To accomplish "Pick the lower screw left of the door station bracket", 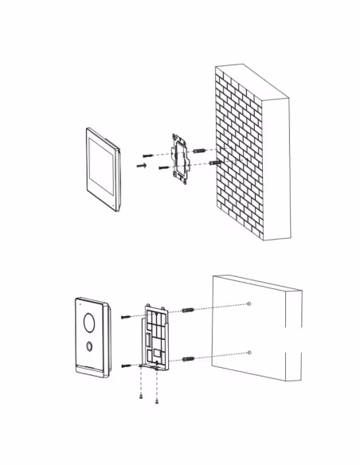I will point(128,365).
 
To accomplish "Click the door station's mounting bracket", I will point(157,338).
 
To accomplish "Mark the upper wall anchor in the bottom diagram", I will point(188,309).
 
